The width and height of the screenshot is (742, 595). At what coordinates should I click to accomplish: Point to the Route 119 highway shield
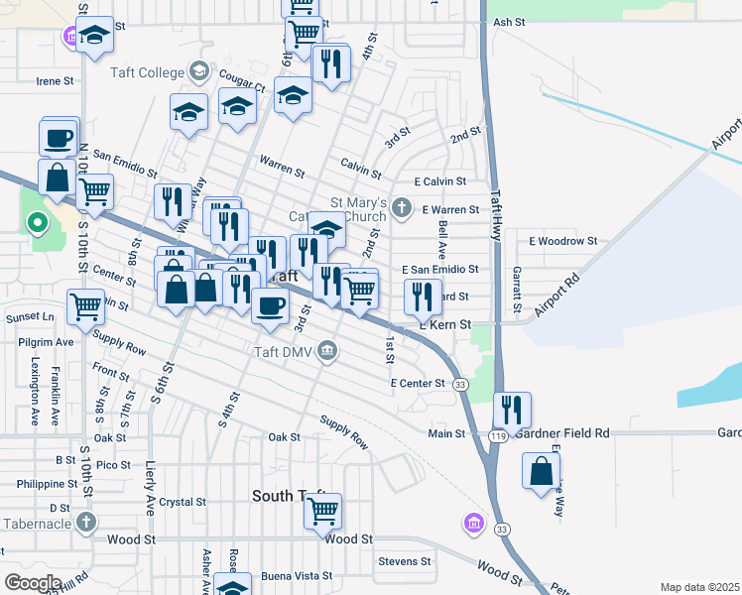pyautogui.click(x=498, y=434)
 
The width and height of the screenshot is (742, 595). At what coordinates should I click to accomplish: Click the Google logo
pyautogui.click(x=33, y=583)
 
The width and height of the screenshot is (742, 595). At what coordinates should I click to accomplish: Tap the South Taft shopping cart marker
pyautogui.click(x=322, y=512)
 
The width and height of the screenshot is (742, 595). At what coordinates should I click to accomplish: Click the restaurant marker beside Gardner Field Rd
pyautogui.click(x=512, y=409)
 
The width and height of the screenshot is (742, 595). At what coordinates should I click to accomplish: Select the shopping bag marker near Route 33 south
pyautogui.click(x=543, y=471)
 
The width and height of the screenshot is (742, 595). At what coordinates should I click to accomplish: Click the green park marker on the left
pyautogui.click(x=38, y=223)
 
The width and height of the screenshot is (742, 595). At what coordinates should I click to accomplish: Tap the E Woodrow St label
pyautogui.click(x=563, y=241)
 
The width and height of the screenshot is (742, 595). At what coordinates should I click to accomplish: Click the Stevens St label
pyautogui.click(x=405, y=561)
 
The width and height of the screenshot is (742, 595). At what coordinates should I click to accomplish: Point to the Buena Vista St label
pyautogui.click(x=297, y=576)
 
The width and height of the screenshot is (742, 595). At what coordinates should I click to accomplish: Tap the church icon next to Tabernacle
pyautogui.click(x=86, y=522)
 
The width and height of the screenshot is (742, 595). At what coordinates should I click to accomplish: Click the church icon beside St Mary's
pyautogui.click(x=402, y=208)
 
